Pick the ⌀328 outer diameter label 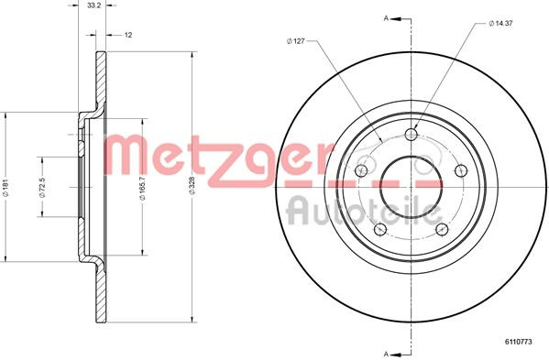(x=191, y=188)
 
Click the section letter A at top (x=386, y=16)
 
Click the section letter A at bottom (x=386, y=352)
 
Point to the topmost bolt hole (x=410, y=136)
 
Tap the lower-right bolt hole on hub (x=442, y=230)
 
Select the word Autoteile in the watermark (x=357, y=212)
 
